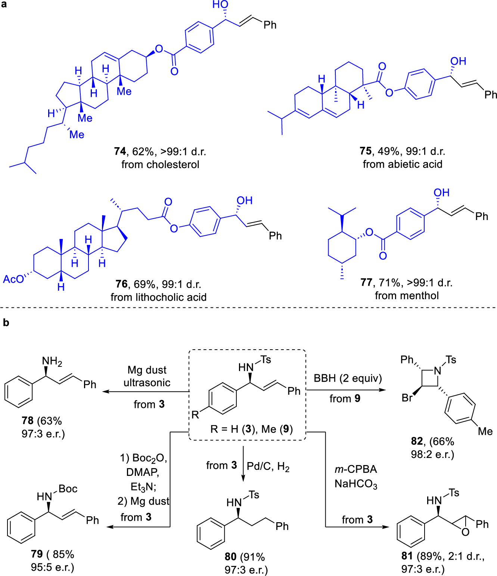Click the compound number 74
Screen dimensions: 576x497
[x=120, y=151]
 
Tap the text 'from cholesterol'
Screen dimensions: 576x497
[x=160, y=164]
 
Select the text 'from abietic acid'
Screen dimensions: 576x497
[x=403, y=164]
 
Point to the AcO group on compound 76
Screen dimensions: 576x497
[x=13, y=279]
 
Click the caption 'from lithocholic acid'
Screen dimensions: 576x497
[x=158, y=297]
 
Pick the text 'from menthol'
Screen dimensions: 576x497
[x=407, y=295]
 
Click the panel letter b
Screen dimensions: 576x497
[x=6, y=323]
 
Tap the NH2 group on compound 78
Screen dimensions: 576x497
[x=52, y=361]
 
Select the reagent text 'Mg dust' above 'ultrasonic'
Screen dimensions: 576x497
[x=147, y=370]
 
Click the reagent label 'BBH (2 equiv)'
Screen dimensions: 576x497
[x=348, y=378]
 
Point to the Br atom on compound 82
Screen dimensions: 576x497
[x=407, y=398]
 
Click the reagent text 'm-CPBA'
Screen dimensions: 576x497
[x=355, y=469]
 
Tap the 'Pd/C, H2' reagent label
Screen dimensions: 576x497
[x=268, y=467]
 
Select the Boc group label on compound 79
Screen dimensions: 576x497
[x=68, y=489]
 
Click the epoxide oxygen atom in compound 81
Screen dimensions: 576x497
[x=465, y=532]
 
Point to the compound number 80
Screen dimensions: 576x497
[x=230, y=557]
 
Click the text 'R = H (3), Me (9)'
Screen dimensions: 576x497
[x=251, y=429]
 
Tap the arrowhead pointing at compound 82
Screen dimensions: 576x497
[x=382, y=390]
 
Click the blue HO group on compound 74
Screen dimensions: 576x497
[x=220, y=5]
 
